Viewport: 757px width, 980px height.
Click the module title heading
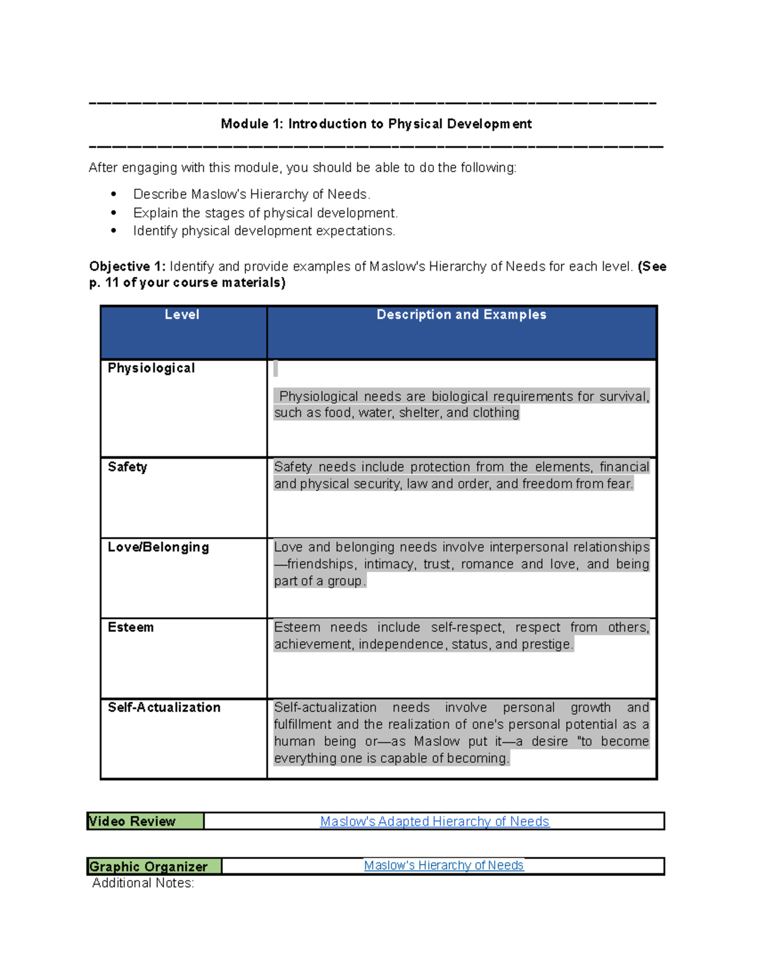(376, 124)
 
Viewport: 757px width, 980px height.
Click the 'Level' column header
(182, 314)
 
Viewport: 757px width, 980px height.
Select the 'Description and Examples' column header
(461, 314)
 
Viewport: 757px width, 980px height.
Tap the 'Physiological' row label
(151, 368)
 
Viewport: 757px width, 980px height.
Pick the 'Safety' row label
(127, 467)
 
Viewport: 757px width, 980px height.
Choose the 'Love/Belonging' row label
(158, 547)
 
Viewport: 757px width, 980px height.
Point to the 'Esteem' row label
(131, 627)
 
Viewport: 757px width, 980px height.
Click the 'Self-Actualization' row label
(164, 707)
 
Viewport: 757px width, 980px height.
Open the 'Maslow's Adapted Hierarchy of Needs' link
(435, 821)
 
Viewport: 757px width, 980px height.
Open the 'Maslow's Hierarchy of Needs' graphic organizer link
(443, 865)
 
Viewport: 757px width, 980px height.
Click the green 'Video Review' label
(132, 821)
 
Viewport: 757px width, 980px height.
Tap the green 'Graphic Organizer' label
(149, 866)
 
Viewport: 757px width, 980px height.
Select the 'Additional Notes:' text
(143, 883)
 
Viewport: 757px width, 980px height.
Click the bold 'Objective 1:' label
(127, 266)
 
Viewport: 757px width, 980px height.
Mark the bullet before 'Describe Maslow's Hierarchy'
(114, 194)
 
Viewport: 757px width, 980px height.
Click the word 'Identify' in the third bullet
(155, 231)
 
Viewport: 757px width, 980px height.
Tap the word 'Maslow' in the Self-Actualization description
(437, 741)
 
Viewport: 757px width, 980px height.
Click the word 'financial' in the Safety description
(624, 467)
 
